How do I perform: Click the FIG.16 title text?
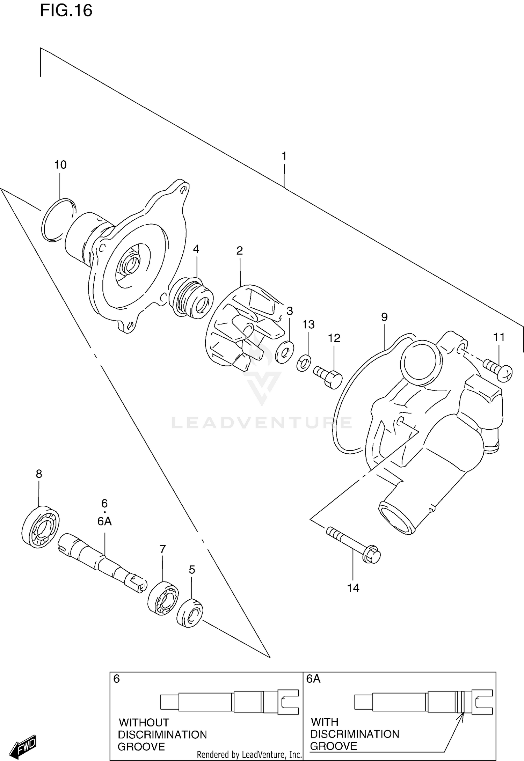click(x=66, y=10)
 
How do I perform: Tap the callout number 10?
click(x=60, y=165)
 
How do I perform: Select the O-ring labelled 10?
click(x=58, y=220)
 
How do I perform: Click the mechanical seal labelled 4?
click(x=191, y=298)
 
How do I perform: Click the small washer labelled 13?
click(x=304, y=363)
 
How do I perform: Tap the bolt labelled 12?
click(x=328, y=376)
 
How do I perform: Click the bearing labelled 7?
click(x=163, y=598)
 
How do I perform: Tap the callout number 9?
click(x=384, y=317)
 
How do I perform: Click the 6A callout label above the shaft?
click(x=104, y=521)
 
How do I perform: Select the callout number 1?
click(x=284, y=156)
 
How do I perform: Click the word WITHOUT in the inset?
click(x=144, y=722)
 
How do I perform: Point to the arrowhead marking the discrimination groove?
click(x=462, y=715)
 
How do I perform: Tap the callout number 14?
click(x=353, y=588)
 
